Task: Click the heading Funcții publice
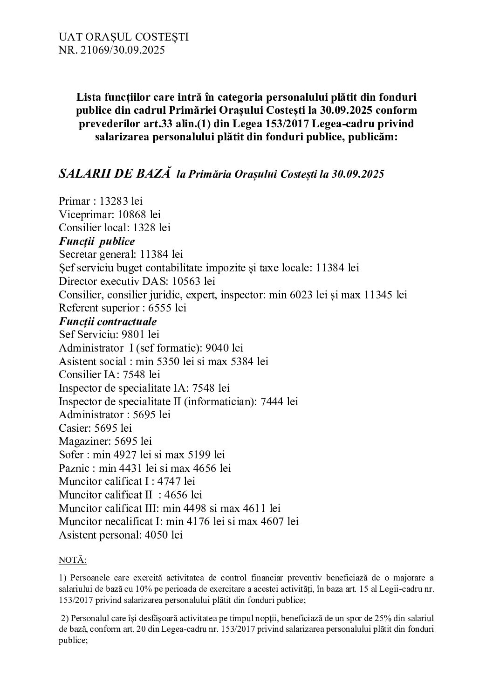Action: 97,241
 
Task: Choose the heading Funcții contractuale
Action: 108,321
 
